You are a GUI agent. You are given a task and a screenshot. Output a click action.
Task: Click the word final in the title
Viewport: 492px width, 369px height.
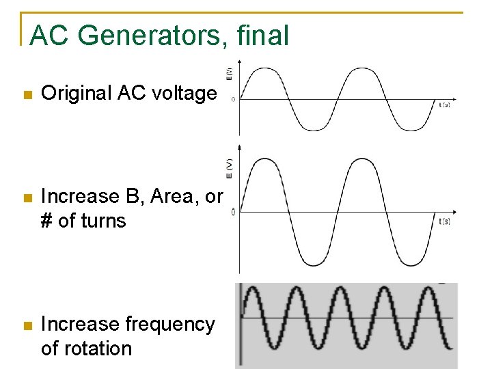tap(263, 36)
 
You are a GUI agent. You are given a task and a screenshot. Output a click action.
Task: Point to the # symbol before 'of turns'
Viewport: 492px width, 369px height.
tap(47, 221)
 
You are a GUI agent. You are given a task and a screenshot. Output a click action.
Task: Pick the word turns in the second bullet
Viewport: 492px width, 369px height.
tap(106, 221)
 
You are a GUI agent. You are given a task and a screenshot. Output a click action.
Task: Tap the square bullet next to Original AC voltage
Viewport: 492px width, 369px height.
tap(27, 94)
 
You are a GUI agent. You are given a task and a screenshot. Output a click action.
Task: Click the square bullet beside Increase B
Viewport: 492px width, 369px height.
tap(27, 197)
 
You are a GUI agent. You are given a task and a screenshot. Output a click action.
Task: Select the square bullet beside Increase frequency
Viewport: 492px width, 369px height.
tap(27, 325)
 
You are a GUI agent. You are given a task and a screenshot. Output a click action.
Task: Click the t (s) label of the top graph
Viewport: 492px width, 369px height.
tap(444, 105)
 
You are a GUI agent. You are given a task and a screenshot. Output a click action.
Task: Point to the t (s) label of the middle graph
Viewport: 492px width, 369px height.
tap(444, 221)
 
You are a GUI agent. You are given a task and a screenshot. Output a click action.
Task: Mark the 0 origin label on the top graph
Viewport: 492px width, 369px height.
tap(233, 100)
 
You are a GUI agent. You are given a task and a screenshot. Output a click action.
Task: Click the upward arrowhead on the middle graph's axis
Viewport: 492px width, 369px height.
tap(239, 147)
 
